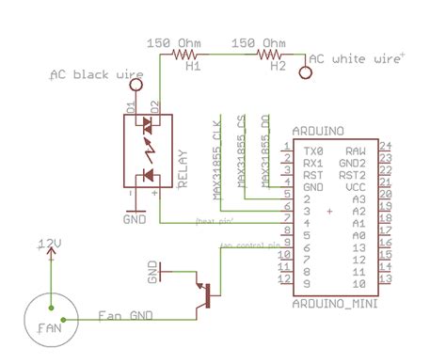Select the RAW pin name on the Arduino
tap(355, 149)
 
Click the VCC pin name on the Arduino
tap(355, 186)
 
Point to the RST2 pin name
tap(352, 174)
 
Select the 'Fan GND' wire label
tap(125, 315)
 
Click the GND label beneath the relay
tap(135, 218)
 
